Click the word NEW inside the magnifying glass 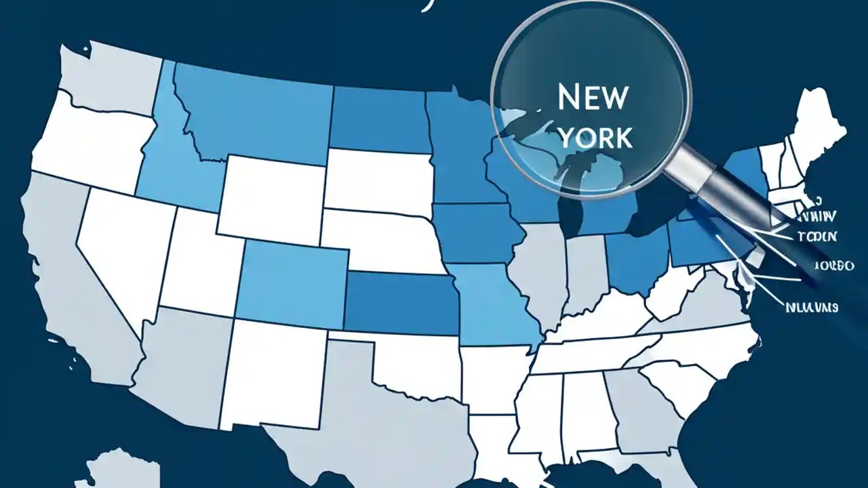pyautogui.click(x=591, y=98)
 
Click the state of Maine pyautogui.click(x=821, y=122)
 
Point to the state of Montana pyautogui.click(x=251, y=108)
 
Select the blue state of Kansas pyautogui.click(x=400, y=302)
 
